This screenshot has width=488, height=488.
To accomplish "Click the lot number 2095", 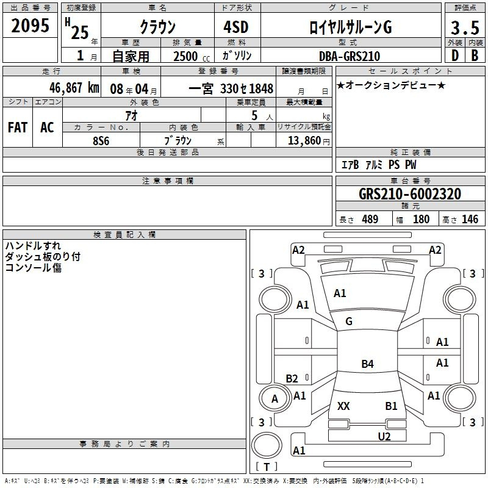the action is click(30, 26).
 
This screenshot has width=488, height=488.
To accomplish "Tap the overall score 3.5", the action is click(465, 28).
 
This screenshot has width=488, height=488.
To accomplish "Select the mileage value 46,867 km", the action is click(74, 88).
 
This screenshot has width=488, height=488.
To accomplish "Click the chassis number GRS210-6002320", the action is click(410, 194).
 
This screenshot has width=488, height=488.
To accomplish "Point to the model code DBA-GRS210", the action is click(350, 56).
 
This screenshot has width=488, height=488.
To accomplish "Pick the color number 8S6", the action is click(101, 141).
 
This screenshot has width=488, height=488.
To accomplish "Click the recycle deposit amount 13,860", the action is click(304, 140).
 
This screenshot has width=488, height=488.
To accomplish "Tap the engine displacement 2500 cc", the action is click(192, 56).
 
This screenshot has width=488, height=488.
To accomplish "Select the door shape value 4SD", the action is click(236, 27).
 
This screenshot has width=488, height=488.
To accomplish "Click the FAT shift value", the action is click(18, 127).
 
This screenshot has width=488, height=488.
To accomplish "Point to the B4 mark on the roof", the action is click(367, 364).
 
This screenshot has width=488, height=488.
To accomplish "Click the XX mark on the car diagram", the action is click(343, 406).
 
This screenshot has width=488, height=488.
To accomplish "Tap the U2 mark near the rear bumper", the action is click(384, 436).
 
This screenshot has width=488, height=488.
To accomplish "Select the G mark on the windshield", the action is click(349, 321).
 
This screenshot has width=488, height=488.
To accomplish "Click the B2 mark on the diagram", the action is click(292, 378).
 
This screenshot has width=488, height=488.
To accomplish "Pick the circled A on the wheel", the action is click(274, 399).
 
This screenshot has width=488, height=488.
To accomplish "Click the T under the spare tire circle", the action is click(267, 467).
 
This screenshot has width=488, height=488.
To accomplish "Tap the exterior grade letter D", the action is click(455, 56).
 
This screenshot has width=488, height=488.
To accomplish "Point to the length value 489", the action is click(370, 219).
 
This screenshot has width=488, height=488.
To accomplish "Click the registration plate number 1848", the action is click(261, 88).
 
